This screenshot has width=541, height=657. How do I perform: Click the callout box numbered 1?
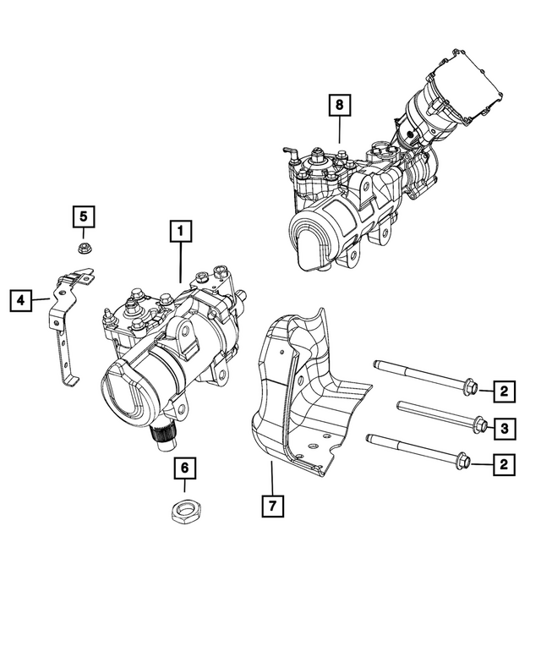point(180,230)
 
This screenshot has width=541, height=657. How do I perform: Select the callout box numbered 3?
point(504,430)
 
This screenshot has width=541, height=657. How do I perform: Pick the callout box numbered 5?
point(83,216)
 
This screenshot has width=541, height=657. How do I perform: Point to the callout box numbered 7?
point(272,506)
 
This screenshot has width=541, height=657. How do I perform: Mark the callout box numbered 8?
point(339,107)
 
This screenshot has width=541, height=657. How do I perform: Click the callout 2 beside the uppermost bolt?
point(504,391)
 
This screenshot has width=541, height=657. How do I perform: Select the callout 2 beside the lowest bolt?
point(504,463)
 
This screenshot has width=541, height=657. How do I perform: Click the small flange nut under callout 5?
point(84,248)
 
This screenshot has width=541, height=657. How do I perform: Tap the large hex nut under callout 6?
point(184,512)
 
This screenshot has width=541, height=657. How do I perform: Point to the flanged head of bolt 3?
point(478,425)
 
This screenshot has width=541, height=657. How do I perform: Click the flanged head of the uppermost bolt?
point(471,388)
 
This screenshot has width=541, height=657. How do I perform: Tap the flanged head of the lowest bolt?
point(463,462)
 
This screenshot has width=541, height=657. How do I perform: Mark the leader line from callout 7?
point(272,478)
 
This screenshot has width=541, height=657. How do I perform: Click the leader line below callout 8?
point(339,131)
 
